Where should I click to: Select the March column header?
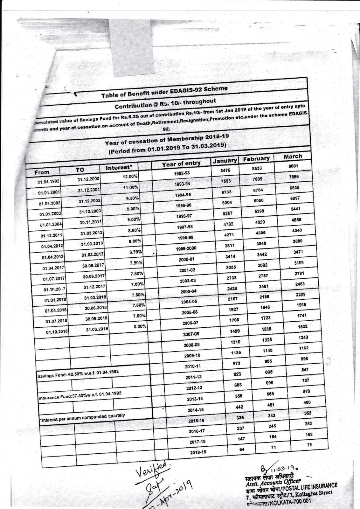point(293,156)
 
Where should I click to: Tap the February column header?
point(256,158)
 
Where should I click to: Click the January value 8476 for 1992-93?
point(225,171)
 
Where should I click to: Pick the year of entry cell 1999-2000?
point(186,248)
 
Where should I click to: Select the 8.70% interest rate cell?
point(135,252)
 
